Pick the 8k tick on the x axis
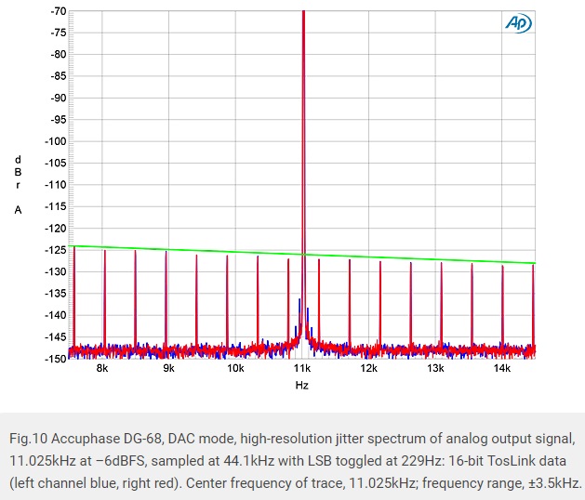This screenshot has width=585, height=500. pyautogui.click(x=102, y=368)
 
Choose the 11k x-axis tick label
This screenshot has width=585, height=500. pyautogui.click(x=302, y=368)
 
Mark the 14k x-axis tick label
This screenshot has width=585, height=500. pyautogui.click(x=502, y=368)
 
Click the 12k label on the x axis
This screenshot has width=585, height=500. pyautogui.click(x=369, y=368)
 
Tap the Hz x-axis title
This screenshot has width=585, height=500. pyautogui.click(x=302, y=385)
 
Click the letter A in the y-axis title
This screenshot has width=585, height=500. pyautogui.click(x=17, y=210)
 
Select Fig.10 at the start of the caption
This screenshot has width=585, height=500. pyautogui.click(x=30, y=436)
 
